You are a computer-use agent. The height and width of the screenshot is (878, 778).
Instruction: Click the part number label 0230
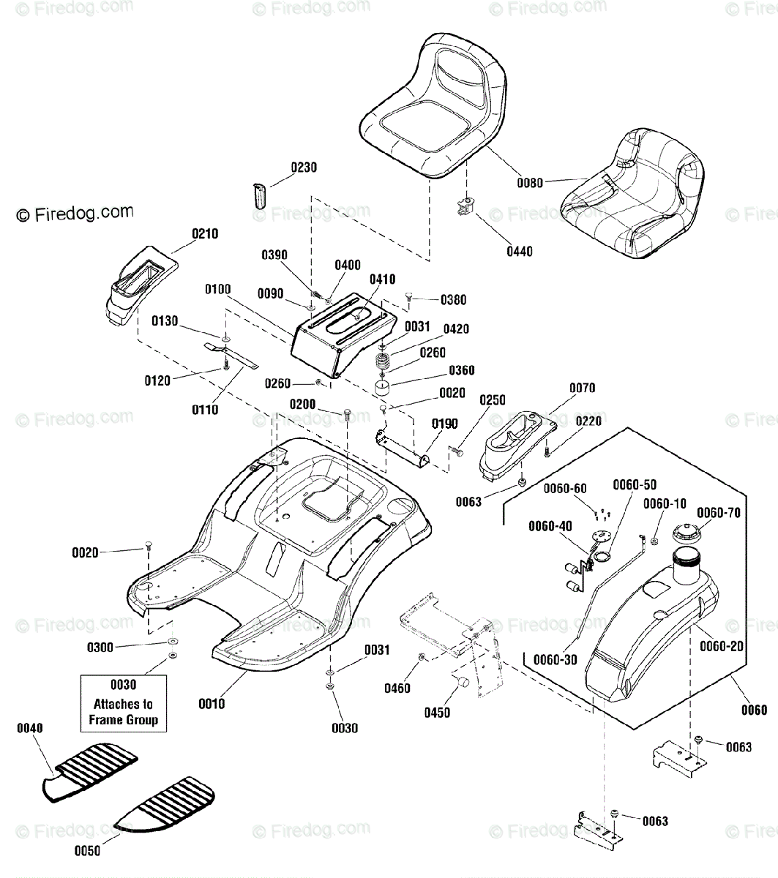coord(304,168)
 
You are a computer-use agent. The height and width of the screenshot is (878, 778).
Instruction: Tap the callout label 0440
coord(520,252)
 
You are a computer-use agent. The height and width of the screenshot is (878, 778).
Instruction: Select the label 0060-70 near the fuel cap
coord(719,513)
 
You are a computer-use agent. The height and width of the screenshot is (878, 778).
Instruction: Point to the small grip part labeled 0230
coord(260,196)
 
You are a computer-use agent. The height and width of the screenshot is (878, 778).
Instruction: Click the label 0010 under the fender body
coord(212,704)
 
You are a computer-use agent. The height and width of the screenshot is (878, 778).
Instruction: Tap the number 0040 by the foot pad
coord(30,728)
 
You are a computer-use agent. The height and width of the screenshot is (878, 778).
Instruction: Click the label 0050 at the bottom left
coord(88,851)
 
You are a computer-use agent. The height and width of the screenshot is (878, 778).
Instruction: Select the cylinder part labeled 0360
coord(382,387)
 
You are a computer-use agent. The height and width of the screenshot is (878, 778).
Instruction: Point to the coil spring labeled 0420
coord(382,360)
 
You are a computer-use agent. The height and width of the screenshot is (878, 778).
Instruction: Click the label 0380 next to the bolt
coord(453,300)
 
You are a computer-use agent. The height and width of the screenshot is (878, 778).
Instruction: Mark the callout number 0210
coord(205,234)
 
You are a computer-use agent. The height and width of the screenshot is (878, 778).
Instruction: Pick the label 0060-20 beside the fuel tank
coord(722,646)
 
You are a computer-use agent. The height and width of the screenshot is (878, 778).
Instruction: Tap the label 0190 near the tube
coord(445,424)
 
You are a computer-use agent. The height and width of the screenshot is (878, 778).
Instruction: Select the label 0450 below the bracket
coord(438,713)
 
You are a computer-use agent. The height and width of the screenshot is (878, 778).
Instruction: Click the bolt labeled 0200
coord(347,413)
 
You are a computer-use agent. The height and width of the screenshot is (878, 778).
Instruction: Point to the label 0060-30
coord(556,660)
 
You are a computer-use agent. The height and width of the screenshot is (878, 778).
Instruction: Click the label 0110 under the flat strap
coord(205,410)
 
